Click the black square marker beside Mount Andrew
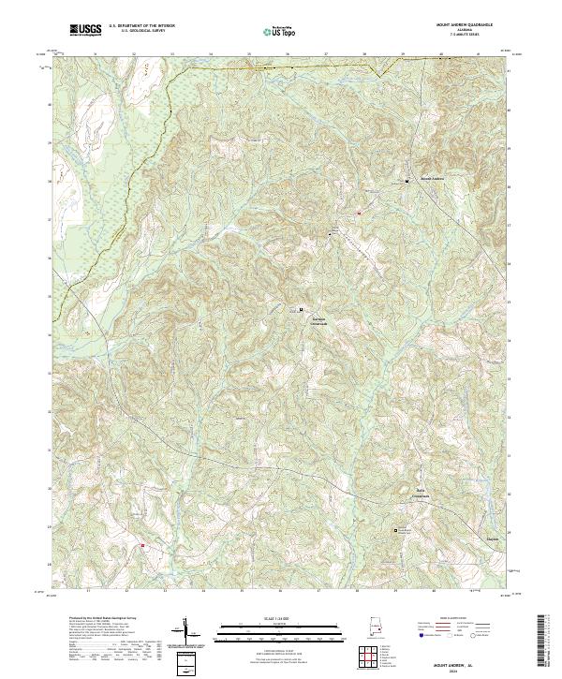point(407,181)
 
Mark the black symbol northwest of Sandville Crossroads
point(301,309)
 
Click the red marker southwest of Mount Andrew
point(358,214)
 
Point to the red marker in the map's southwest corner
point(142,545)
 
